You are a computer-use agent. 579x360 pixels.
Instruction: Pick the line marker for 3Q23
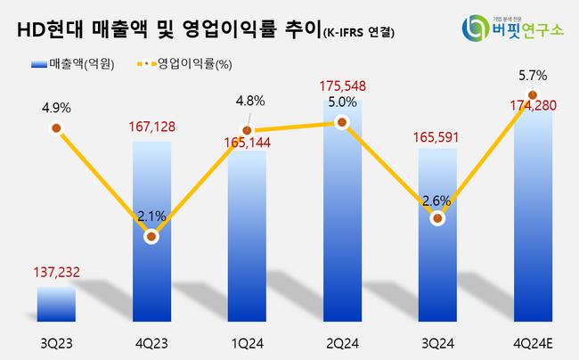[x=56, y=128]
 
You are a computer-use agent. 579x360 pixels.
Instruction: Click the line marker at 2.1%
[x=151, y=237]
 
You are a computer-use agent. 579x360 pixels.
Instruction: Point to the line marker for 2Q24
[x=341, y=124]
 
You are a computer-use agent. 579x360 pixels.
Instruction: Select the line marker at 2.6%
[x=436, y=218]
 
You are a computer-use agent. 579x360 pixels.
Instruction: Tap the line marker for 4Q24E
[x=532, y=94]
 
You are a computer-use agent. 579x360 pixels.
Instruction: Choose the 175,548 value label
[x=342, y=86]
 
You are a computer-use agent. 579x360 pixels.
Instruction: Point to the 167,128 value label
[x=151, y=127]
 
